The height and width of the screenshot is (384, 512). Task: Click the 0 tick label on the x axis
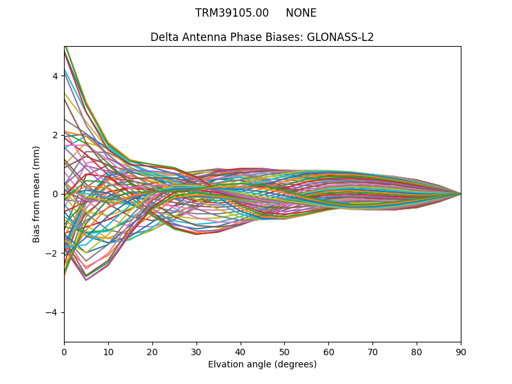click(64, 351)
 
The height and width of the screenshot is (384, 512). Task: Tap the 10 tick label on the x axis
click(108, 351)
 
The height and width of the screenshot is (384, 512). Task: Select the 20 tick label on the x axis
click(152, 351)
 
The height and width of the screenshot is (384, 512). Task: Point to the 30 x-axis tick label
click(196, 351)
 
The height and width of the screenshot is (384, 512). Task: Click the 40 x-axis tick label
click(241, 351)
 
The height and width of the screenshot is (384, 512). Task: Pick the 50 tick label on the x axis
click(284, 351)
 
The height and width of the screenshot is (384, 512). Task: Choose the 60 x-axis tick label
click(328, 351)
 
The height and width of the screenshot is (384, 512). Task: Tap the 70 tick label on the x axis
click(372, 351)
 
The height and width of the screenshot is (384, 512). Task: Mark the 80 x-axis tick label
click(417, 351)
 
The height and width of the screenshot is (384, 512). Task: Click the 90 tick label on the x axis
click(461, 351)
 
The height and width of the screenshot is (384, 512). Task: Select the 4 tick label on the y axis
click(55, 76)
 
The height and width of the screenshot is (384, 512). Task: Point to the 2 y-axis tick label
click(55, 135)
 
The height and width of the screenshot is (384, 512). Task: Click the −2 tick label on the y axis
click(52, 253)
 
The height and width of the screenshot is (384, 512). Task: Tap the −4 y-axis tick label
click(52, 312)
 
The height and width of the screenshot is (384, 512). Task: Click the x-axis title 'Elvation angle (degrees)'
click(262, 364)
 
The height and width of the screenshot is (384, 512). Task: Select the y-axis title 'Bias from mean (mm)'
click(36, 194)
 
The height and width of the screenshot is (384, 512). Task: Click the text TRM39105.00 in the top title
click(232, 13)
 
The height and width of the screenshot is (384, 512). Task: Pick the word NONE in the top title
click(301, 13)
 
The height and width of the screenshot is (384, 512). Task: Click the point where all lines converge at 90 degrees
click(461, 194)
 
